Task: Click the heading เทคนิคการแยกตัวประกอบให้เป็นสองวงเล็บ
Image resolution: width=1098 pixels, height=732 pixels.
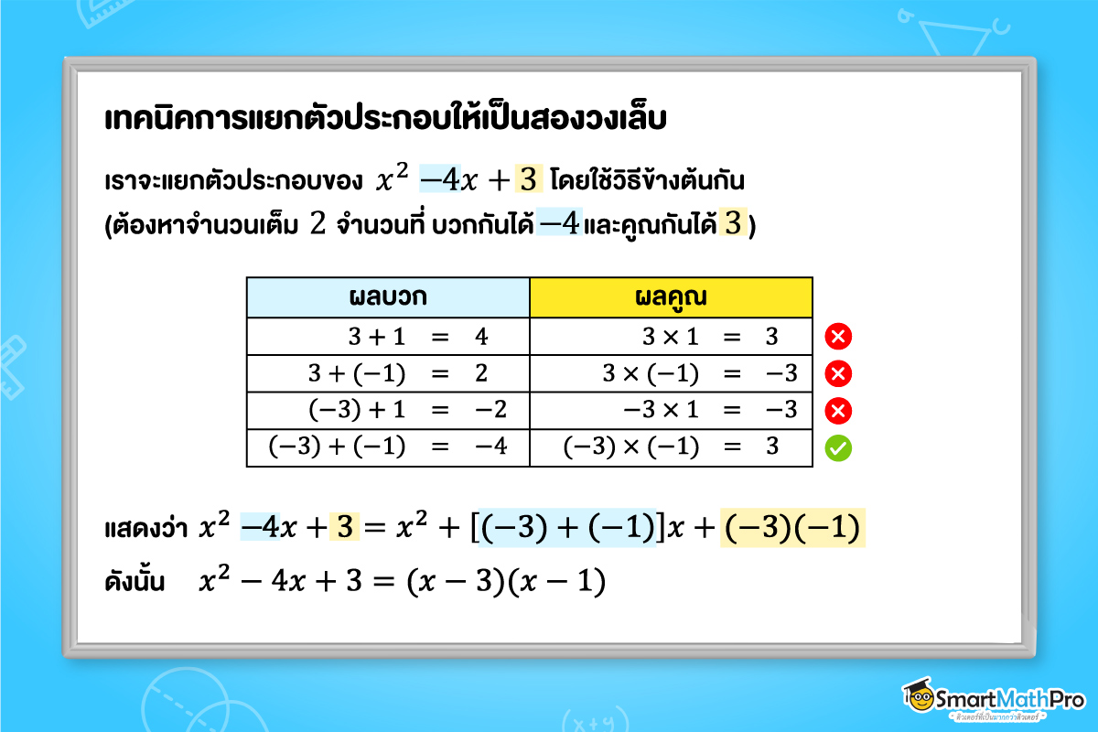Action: [x=385, y=120]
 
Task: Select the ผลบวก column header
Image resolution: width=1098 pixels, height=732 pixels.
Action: [x=388, y=297]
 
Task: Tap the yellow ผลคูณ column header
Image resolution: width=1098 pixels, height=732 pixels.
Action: [x=672, y=297]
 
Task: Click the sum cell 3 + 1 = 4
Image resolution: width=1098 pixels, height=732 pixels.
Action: [x=388, y=336]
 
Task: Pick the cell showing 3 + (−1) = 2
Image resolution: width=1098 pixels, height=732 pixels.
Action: [x=388, y=373]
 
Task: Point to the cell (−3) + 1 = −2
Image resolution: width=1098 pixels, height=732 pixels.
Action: [x=388, y=410]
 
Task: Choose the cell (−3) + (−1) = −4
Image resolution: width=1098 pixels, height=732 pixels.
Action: [x=388, y=447]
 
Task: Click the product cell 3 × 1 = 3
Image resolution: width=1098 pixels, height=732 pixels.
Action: [x=672, y=336]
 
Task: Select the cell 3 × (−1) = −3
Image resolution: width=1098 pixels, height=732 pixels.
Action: [x=672, y=373]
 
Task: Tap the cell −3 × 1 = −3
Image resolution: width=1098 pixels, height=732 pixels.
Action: [x=672, y=410]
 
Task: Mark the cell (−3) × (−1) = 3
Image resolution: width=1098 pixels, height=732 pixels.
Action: [x=672, y=447]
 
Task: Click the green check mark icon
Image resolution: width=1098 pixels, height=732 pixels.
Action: [x=838, y=448]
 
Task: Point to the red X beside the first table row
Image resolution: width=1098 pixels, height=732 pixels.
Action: [x=838, y=337]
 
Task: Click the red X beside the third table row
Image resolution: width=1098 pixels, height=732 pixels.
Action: [x=838, y=411]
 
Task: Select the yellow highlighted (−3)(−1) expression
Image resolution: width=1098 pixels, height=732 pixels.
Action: [x=793, y=530]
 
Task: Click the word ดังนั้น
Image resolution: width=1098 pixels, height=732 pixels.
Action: [x=135, y=582]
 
